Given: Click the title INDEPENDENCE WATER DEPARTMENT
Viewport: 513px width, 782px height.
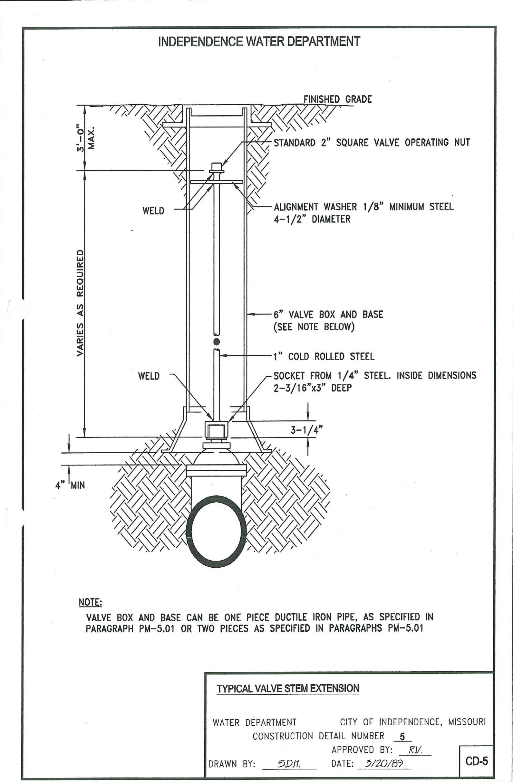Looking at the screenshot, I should pyautogui.click(x=259, y=42).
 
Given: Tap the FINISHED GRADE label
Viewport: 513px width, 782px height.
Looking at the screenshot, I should pyautogui.click(x=337, y=99).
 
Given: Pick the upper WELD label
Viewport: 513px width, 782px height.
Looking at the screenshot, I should pyautogui.click(x=153, y=211).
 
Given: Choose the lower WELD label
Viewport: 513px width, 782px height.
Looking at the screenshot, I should pyautogui.click(x=149, y=376).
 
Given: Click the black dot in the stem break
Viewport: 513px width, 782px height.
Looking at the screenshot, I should pyautogui.click(x=216, y=340).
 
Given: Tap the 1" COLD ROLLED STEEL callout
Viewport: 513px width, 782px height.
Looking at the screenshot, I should pyautogui.click(x=324, y=356).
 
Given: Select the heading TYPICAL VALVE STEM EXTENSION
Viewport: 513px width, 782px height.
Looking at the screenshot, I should pyautogui.click(x=288, y=688).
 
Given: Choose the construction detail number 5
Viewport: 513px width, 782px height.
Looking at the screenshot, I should pyautogui.click(x=402, y=737).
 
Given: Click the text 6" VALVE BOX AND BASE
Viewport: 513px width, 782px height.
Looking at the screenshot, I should pyautogui.click(x=328, y=315).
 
